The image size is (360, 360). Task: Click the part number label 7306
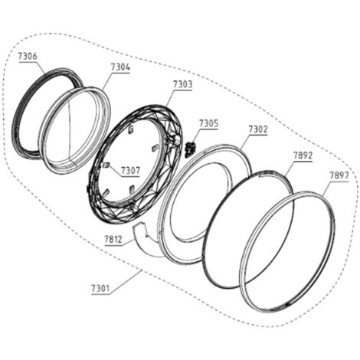point(28,56)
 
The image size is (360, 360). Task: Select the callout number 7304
point(120,67)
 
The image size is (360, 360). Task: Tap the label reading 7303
point(183,84)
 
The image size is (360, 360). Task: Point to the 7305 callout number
point(209,123)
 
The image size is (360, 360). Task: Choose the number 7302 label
point(258,129)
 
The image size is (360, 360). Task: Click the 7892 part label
point(303,155)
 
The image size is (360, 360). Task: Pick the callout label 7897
point(339,175)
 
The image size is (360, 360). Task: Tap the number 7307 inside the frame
point(130,170)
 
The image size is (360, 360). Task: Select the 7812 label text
point(113,239)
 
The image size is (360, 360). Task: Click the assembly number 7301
point(100,289)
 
